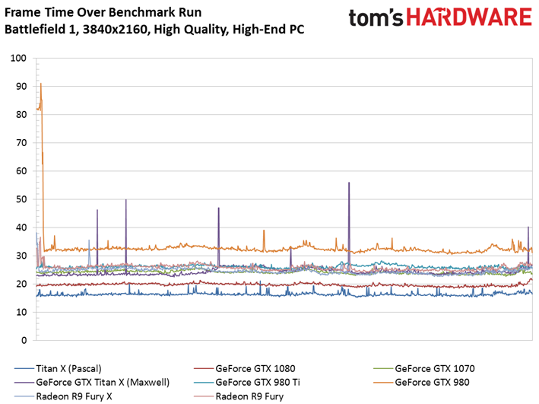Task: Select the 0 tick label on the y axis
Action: (x=24, y=340)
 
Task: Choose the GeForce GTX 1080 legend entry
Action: (x=255, y=368)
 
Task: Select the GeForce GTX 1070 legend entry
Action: (x=434, y=368)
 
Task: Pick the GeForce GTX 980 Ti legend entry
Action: (x=260, y=382)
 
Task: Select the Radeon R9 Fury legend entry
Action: (x=249, y=396)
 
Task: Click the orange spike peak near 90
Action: (x=40, y=84)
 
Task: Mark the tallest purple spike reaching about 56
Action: (x=349, y=183)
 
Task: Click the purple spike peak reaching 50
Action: (x=126, y=200)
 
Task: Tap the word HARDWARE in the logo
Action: (x=465, y=19)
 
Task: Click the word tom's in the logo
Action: (x=373, y=19)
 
